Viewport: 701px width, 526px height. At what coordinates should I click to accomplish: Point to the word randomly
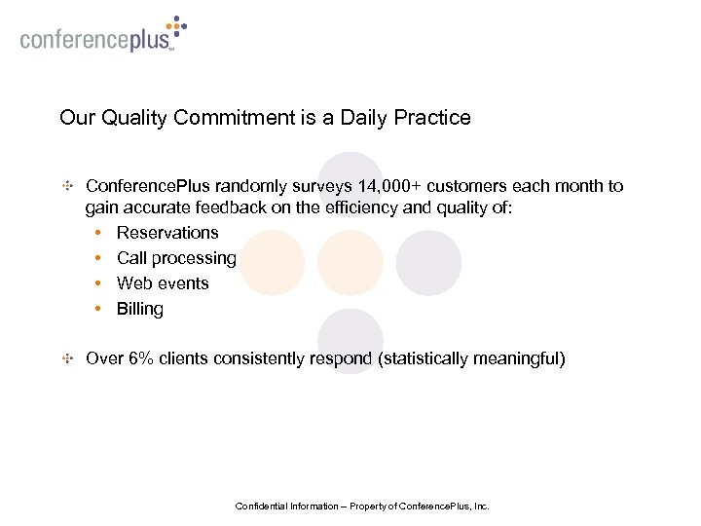point(286,185)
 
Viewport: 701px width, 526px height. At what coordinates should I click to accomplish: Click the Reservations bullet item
point(167,233)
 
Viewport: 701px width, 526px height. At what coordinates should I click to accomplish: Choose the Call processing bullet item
point(176,258)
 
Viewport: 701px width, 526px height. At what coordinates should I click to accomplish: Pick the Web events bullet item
point(163,283)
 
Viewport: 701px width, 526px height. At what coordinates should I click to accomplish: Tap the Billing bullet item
point(140,309)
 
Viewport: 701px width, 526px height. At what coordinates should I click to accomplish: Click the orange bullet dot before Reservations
point(100,233)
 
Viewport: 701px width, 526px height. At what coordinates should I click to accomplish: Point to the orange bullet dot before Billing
point(100,309)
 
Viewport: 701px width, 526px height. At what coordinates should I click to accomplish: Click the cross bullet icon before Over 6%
point(67,358)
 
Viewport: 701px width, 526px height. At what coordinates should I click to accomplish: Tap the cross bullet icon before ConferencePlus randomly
point(67,185)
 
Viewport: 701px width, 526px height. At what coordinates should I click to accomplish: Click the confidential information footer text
point(362,507)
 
